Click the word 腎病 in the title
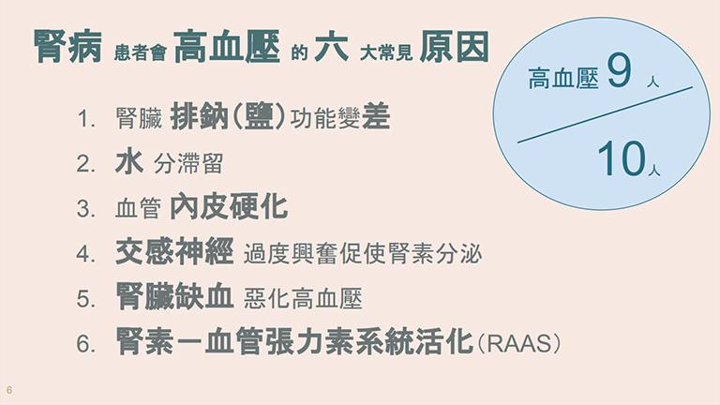pos(67,47)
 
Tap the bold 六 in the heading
pos(331,47)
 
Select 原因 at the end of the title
pos(454,47)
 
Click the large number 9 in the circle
pos(619,70)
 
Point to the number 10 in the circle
pos(622,158)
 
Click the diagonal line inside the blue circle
pos(605,114)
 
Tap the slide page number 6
pos(9,390)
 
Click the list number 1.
pos(86,119)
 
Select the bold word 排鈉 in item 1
pos(199,117)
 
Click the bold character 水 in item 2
pos(129,162)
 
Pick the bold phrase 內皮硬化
pos(229,207)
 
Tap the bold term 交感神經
pos(174,251)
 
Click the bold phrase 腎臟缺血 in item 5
pos(174,296)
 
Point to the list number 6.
pos(86,344)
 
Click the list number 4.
pos(86,254)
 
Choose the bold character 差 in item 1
pos(376,117)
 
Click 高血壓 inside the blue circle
pos(563,78)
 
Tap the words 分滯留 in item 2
pos(188,164)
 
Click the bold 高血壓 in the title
pos(227,47)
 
